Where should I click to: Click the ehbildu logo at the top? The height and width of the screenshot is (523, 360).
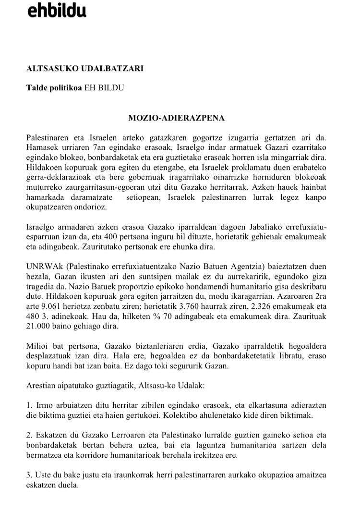(57, 10)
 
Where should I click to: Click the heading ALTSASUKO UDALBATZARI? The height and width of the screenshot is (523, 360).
(85, 69)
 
